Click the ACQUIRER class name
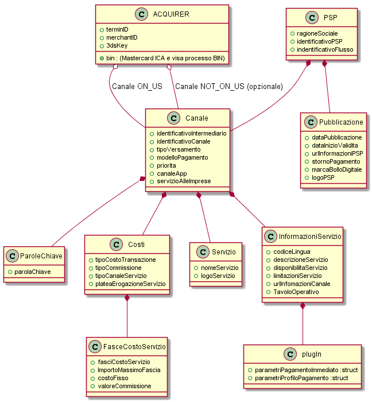click(x=171, y=14)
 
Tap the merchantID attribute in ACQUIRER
click(x=122, y=37)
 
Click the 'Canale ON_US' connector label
click(x=137, y=86)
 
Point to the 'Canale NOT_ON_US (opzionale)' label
click(x=229, y=86)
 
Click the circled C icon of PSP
click(x=312, y=17)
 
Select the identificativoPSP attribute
click(x=320, y=41)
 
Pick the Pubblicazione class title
click(x=341, y=122)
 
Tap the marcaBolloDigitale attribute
click(x=336, y=169)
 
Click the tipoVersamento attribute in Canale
click(x=179, y=149)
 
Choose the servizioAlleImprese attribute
click(x=184, y=181)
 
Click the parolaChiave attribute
click(x=33, y=272)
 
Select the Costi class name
click(x=136, y=244)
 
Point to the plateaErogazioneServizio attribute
click(x=130, y=284)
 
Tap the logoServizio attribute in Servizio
click(x=218, y=276)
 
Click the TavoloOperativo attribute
click(x=296, y=292)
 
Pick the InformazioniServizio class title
click(x=310, y=236)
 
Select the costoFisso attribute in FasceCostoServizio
click(x=113, y=378)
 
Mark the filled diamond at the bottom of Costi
click(x=127, y=297)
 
